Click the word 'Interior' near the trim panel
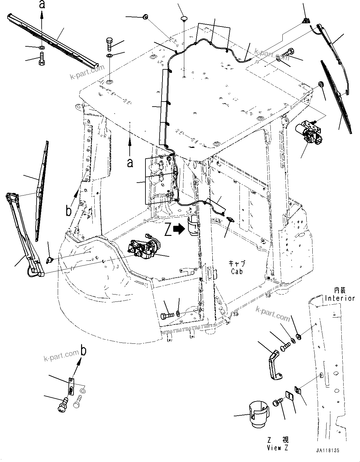click(x=340, y=298)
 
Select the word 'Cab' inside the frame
click(x=237, y=271)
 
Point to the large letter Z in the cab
click(x=168, y=230)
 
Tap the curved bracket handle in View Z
click(x=274, y=364)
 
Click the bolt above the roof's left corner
click(x=109, y=44)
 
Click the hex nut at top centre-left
click(x=145, y=17)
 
